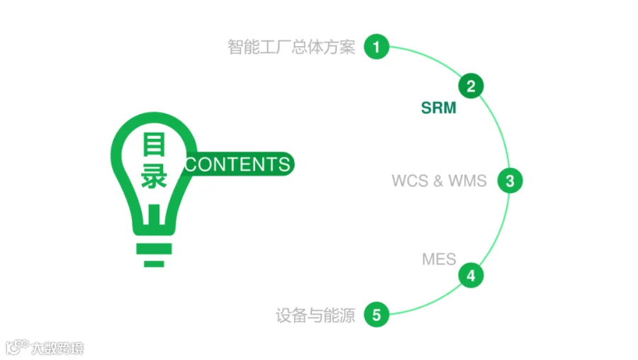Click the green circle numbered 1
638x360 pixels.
(376, 46)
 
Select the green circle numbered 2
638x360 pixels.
(471, 86)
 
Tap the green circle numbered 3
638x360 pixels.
(510, 181)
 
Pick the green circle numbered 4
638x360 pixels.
(471, 276)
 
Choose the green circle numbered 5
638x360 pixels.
(376, 315)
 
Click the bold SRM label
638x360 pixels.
(439, 108)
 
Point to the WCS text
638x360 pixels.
(410, 181)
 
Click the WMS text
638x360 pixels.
(468, 181)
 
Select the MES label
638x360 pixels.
(439, 259)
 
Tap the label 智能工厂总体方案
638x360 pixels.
(291, 47)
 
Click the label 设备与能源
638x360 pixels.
(315, 315)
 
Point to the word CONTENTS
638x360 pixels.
(237, 164)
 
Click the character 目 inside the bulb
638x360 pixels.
(155, 144)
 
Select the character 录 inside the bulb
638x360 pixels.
(155, 176)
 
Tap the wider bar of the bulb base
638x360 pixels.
(154, 249)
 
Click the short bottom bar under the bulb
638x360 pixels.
(154, 264)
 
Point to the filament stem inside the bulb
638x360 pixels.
(155, 215)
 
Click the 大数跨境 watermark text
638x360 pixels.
(57, 348)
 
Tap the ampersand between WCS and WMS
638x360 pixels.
(438, 181)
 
